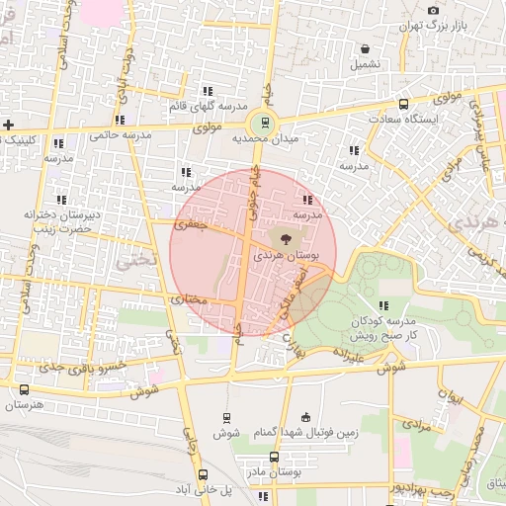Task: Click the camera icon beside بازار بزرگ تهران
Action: [433, 10]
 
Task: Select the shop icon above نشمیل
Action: [366, 47]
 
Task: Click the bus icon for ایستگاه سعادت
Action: [403, 104]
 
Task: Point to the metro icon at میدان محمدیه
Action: [264, 124]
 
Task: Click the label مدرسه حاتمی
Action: [123, 133]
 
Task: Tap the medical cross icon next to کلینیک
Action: [9, 125]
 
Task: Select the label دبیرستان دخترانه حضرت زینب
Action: [56, 220]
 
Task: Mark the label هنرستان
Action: [26, 404]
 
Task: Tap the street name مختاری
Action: [189, 297]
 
